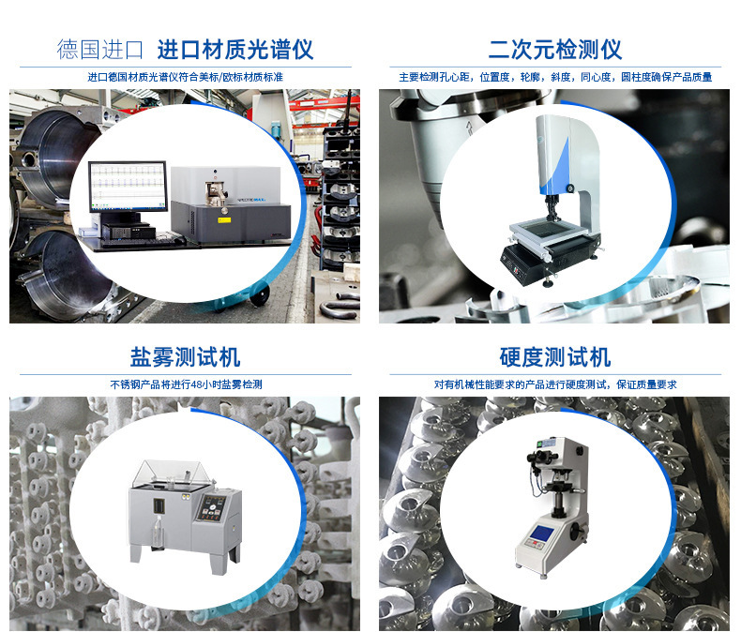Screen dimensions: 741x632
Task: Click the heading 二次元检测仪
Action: [x=554, y=50]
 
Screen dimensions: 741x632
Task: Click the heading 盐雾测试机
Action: [x=186, y=357]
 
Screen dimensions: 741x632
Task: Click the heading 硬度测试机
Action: [x=555, y=357]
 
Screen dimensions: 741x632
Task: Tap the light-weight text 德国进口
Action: [x=100, y=50]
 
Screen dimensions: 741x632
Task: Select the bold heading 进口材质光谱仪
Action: [x=235, y=50]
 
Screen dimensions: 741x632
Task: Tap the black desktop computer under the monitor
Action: [x=129, y=230]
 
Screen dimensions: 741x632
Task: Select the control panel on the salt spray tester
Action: [x=212, y=508]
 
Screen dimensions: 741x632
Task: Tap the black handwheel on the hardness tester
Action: [x=574, y=532]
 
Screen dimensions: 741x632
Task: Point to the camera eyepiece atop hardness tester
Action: [x=541, y=457]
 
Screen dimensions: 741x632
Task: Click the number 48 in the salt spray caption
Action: [x=197, y=385]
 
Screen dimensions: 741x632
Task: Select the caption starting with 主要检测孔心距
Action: [x=555, y=77]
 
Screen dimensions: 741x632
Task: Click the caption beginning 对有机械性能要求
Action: [x=555, y=385]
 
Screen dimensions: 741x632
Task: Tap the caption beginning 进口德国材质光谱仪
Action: [x=186, y=77]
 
